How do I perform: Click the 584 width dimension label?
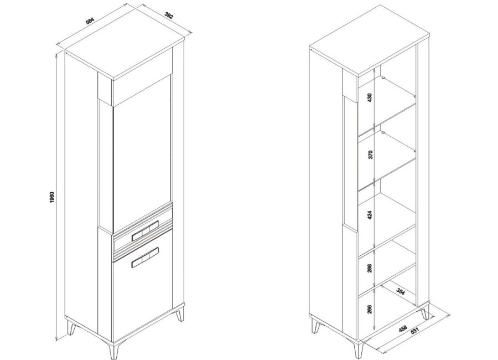tap(90, 20)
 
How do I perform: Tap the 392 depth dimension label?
tap(169, 16)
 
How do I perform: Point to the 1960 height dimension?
tap(53, 198)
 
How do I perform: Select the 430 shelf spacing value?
tap(370, 97)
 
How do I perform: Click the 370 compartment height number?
tap(370, 155)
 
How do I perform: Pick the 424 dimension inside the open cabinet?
tap(370, 215)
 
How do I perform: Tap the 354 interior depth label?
tap(401, 292)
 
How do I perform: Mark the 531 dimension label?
tap(415, 331)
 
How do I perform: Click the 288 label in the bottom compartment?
tap(370, 309)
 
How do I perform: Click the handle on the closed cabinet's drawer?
tap(145, 229)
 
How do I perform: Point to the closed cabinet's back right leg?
tap(180, 315)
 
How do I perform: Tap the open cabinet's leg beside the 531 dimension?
tap(425, 314)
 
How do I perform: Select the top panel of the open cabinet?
tap(370, 42)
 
